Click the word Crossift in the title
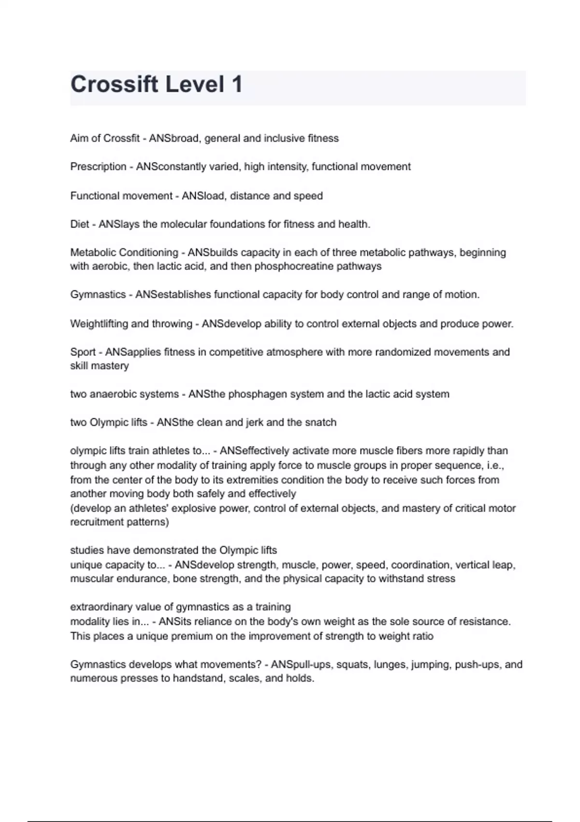(114, 84)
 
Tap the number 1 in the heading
(237, 84)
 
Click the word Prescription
(98, 167)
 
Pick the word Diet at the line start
(80, 224)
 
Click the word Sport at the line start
(83, 352)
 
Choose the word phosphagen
(258, 394)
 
